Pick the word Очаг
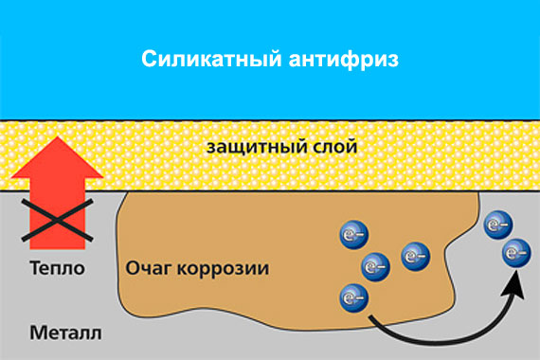coord(148,269)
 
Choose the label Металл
coord(65,333)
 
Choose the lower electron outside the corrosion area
coord(515,253)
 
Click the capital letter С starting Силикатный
coord(149,60)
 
